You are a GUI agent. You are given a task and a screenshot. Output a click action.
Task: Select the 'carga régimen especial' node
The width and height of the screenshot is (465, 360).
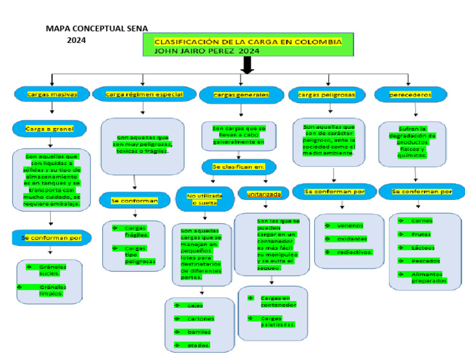click(x=144, y=95)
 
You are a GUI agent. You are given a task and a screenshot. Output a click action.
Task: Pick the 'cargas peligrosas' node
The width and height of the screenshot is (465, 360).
click(x=328, y=95)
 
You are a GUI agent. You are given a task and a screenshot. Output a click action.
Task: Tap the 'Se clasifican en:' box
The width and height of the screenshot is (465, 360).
click(x=242, y=165)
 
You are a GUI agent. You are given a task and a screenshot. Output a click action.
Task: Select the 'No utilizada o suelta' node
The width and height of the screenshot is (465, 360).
click(x=205, y=199)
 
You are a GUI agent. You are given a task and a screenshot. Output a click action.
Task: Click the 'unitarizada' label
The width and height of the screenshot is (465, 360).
click(x=263, y=194)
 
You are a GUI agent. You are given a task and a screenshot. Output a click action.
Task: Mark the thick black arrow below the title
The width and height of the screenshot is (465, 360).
click(x=247, y=66)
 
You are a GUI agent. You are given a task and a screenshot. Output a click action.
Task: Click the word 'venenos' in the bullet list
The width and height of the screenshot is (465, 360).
click(x=349, y=225)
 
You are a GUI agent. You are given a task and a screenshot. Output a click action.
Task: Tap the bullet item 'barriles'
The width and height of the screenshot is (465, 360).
click(x=199, y=332)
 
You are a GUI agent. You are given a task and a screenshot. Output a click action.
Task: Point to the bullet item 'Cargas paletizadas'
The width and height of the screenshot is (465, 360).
click(x=277, y=321)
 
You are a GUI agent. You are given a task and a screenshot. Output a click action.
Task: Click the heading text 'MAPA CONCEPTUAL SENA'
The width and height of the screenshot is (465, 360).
click(x=97, y=28)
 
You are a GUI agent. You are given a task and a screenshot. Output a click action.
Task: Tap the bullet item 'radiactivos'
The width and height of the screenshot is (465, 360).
click(x=354, y=252)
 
